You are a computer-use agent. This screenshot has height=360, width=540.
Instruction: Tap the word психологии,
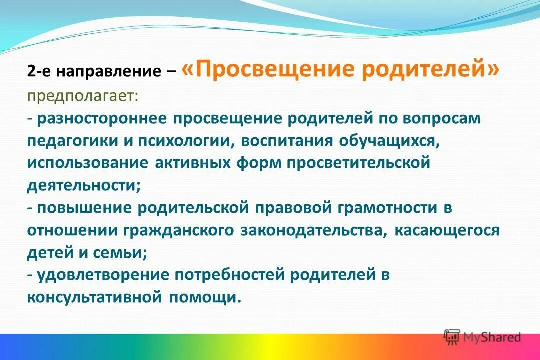click(183, 141)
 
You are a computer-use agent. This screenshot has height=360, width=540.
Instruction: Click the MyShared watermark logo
click(482, 337)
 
